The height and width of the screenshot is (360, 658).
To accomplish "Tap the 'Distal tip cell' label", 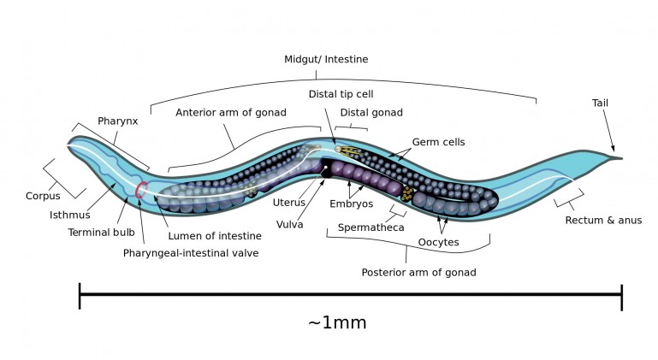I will [x=340, y=93].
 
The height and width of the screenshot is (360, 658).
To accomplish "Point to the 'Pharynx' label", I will [x=117, y=121].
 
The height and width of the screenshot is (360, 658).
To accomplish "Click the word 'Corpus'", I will [x=42, y=196].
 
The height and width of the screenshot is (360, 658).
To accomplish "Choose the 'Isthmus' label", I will [x=70, y=215].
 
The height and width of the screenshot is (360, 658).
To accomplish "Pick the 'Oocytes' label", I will [x=438, y=242].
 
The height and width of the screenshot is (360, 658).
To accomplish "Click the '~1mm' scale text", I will [x=337, y=322].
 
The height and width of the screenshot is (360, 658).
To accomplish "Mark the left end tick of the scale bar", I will [x=80, y=296].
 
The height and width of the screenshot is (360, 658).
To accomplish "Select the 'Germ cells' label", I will [x=438, y=142].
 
